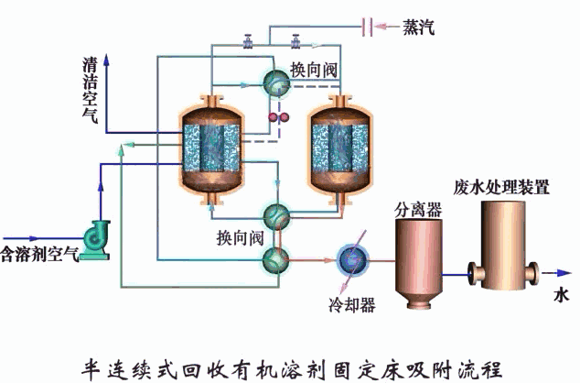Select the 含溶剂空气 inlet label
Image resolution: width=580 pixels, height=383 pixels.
pos(39,252)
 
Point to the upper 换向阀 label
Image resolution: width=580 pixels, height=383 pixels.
pos(315,70)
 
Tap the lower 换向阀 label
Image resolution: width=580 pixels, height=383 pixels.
pos(240,238)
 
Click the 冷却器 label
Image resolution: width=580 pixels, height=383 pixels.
pos(352,304)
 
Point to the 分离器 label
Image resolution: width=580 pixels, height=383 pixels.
pos(418,210)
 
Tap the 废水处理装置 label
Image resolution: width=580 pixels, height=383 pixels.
pos(501,188)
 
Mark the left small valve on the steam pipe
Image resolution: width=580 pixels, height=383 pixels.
pos(248,40)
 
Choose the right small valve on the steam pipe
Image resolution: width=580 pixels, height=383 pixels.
pos(295,40)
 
